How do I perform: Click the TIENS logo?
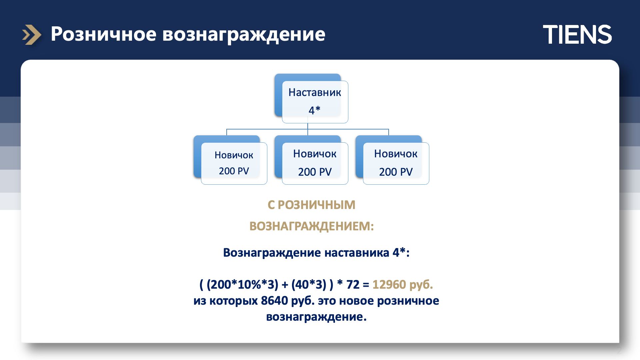click(x=577, y=34)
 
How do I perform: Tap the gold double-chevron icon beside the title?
click(x=32, y=35)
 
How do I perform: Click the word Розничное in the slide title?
click(x=104, y=34)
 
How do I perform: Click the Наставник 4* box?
click(x=311, y=98)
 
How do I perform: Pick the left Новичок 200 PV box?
click(x=230, y=160)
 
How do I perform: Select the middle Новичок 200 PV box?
click(x=311, y=160)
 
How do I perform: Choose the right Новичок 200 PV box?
click(x=392, y=160)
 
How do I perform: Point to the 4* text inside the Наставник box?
click(x=314, y=110)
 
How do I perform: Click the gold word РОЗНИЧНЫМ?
click(x=316, y=205)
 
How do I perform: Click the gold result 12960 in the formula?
click(x=389, y=284)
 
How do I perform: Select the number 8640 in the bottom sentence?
click(x=274, y=300)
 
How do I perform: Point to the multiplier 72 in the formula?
click(x=353, y=284)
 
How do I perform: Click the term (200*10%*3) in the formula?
click(x=242, y=285)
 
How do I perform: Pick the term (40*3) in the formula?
click(x=309, y=285)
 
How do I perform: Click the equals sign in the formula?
click(x=366, y=285)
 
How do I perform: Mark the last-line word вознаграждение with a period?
click(x=316, y=317)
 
